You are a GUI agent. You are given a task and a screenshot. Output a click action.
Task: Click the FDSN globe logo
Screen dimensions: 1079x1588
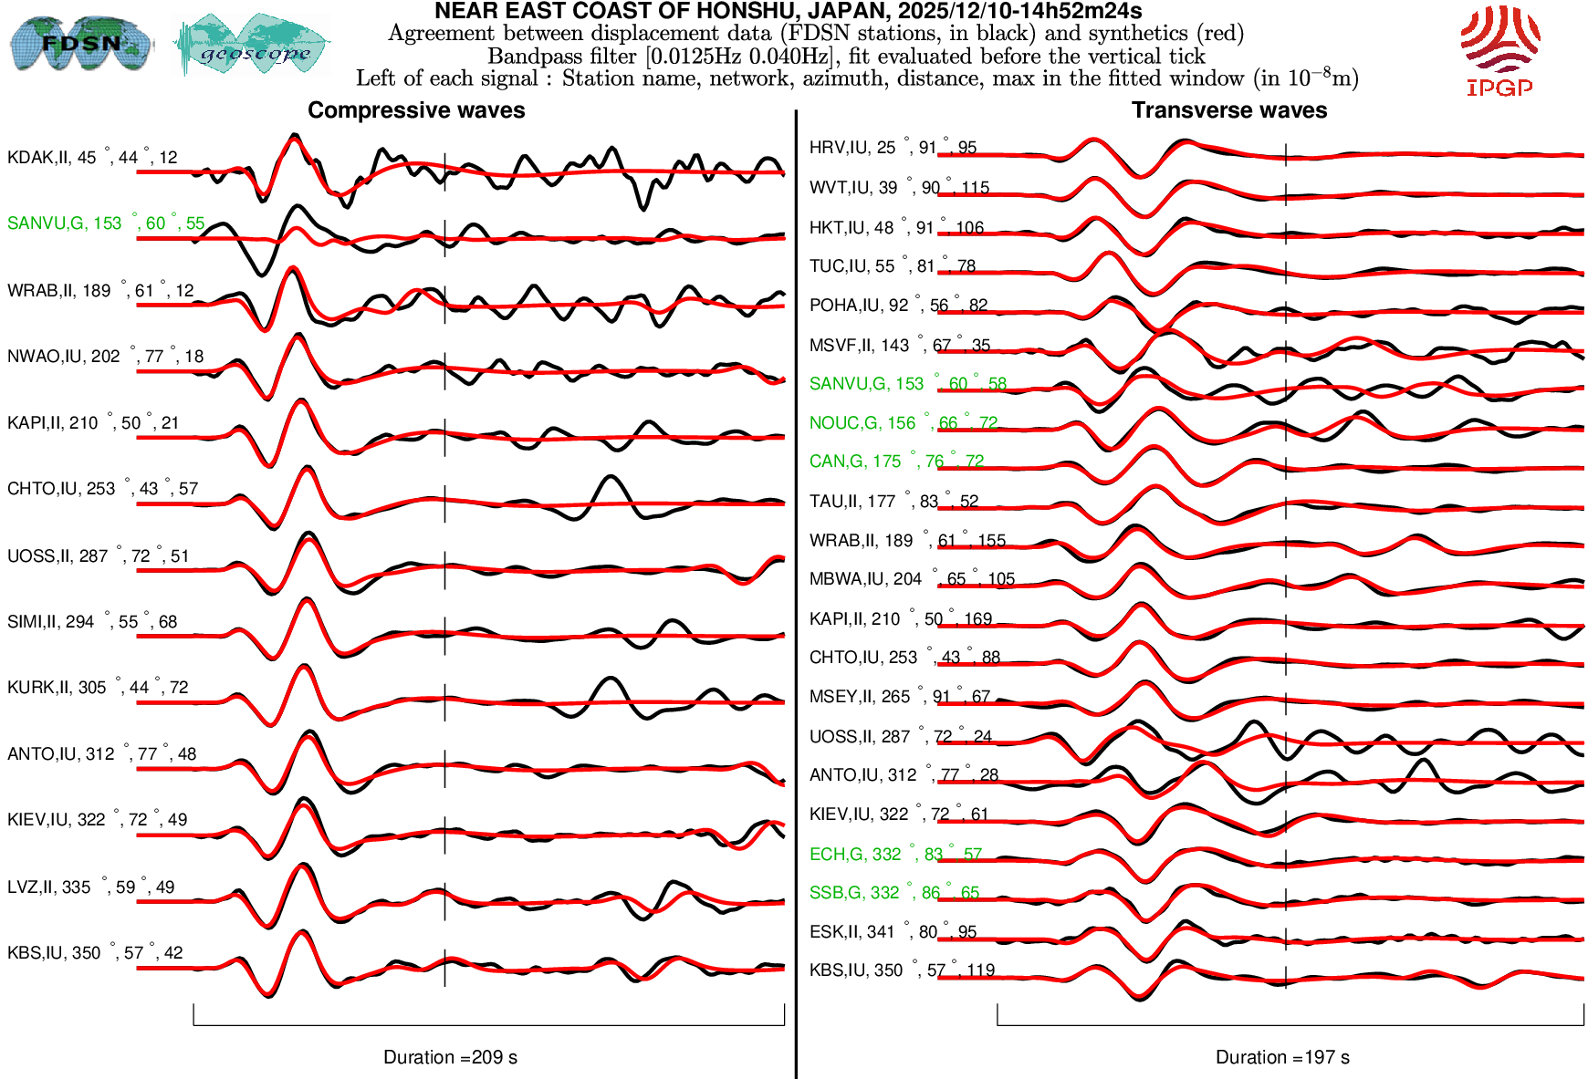click(x=80, y=43)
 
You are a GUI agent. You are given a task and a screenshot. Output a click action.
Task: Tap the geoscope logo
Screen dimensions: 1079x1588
click(x=252, y=46)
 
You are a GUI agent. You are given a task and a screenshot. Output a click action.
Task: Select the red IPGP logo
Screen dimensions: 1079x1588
click(x=1499, y=50)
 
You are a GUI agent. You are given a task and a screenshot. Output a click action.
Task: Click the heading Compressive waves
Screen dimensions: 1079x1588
click(x=416, y=110)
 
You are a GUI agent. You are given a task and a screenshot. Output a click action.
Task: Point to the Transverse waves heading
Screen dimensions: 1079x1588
click(x=1229, y=110)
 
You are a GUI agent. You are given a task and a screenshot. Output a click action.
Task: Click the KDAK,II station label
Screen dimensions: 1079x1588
click(x=92, y=158)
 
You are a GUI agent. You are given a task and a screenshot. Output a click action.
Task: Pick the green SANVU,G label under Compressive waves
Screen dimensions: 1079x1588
click(x=106, y=223)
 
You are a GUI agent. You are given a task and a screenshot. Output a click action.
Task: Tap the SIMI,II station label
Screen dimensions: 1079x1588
click(x=92, y=622)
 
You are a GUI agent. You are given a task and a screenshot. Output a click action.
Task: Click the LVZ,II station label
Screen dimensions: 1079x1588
click(x=90, y=887)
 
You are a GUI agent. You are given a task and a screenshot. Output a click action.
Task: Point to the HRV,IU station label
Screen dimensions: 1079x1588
click(x=893, y=148)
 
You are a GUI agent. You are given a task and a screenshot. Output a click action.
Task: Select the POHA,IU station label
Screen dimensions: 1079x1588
click(x=898, y=306)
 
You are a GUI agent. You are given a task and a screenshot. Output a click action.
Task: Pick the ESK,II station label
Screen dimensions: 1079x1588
click(x=893, y=932)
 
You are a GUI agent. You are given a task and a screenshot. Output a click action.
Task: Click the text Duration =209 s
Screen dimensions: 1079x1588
click(x=450, y=1057)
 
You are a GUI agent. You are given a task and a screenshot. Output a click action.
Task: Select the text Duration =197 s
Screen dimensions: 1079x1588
click(x=1282, y=1057)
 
